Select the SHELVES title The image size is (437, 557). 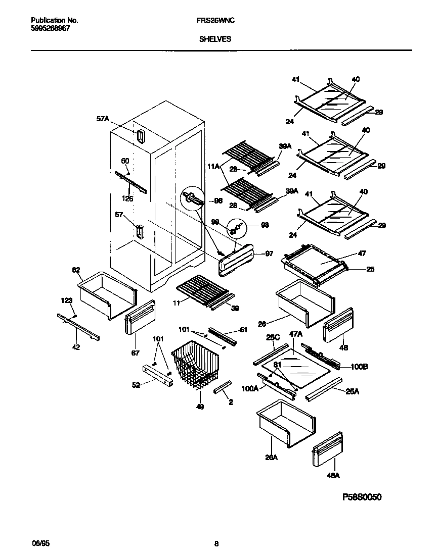click(214, 39)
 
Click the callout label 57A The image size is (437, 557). click(103, 119)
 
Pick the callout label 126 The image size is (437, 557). click(127, 199)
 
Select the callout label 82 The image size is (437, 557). click(76, 270)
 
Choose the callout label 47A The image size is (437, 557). click(296, 334)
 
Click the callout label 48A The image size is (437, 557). click(333, 475)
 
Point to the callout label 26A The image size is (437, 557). click(272, 458)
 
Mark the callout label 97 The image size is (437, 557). click(269, 254)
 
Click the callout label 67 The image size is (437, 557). click(135, 353)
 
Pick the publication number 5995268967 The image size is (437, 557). click(51, 29)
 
